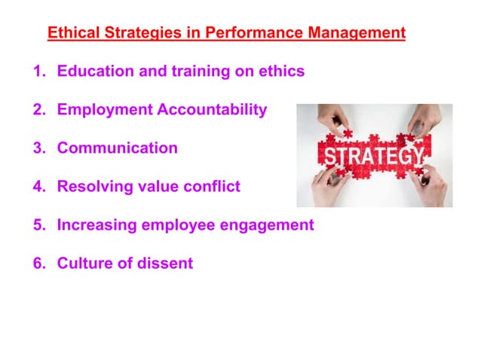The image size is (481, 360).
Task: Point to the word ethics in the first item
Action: (280, 72)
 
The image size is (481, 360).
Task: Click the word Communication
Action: (118, 148)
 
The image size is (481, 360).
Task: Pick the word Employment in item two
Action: (105, 110)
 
